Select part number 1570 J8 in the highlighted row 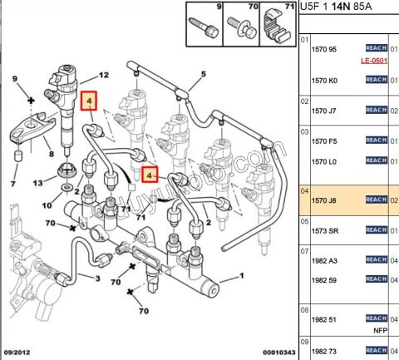pyautogui.click(x=324, y=200)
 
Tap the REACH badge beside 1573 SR pyautogui.click(x=376, y=230)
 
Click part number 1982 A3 pyautogui.click(x=324, y=260)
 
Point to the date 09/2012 pyautogui.click(x=17, y=353)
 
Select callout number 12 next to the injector pyautogui.click(x=104, y=76)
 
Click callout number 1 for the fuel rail pyautogui.click(x=241, y=275)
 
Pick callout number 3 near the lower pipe pyautogui.click(x=97, y=279)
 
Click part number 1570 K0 pyautogui.click(x=324, y=80)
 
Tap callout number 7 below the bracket pyautogui.click(x=12, y=183)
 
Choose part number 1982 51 pyautogui.click(x=324, y=318)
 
